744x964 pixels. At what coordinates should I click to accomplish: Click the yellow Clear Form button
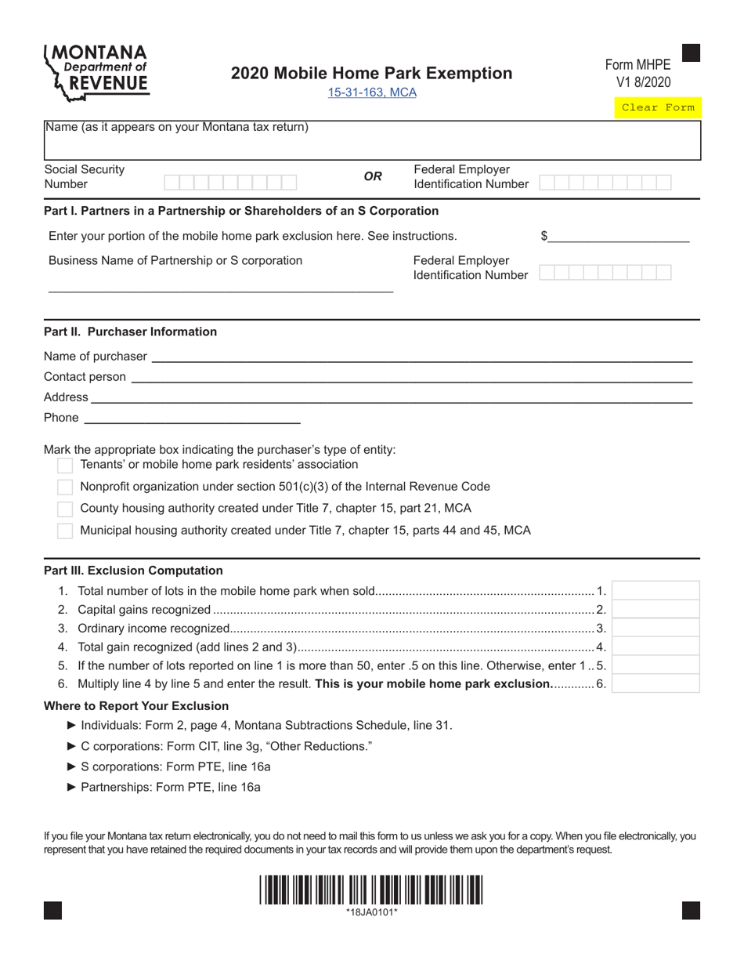pyautogui.click(x=658, y=107)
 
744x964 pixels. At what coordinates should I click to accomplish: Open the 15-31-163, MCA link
pyautogui.click(x=372, y=92)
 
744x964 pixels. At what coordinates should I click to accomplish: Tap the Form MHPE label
pyautogui.click(x=637, y=66)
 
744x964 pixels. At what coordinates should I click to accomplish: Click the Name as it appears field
pyautogui.click(x=372, y=146)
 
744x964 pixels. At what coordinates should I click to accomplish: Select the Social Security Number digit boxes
pyautogui.click(x=230, y=183)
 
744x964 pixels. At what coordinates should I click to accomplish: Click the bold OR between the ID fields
pyautogui.click(x=373, y=176)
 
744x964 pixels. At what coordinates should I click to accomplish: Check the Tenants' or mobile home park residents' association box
pyautogui.click(x=66, y=466)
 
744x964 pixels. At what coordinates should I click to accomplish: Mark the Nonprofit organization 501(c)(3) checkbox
pyautogui.click(x=66, y=487)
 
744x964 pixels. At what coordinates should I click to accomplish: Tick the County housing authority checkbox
pyautogui.click(x=66, y=509)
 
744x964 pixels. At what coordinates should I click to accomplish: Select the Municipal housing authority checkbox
pyautogui.click(x=66, y=531)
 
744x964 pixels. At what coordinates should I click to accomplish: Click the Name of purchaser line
pyautogui.click(x=421, y=357)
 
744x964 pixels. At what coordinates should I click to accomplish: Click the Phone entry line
pyautogui.click(x=191, y=418)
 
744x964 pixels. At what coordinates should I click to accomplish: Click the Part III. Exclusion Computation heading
pyautogui.click(x=133, y=571)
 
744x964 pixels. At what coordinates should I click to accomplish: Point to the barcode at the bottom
pyautogui.click(x=372, y=890)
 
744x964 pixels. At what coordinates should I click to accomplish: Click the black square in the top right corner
pyautogui.click(x=691, y=53)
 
